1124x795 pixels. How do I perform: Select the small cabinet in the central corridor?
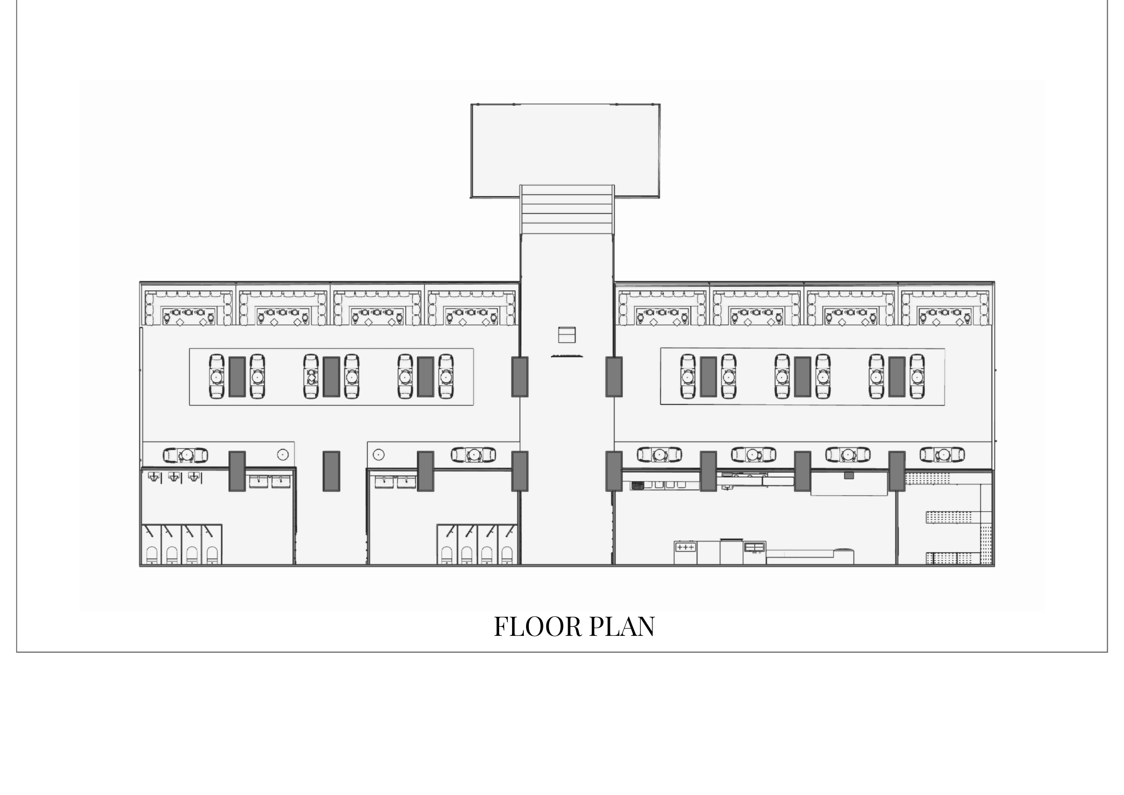click(566, 335)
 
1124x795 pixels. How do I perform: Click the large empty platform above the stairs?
click(565, 144)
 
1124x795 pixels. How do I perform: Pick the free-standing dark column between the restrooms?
click(331, 470)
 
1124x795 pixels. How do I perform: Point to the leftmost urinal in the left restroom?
click(154, 477)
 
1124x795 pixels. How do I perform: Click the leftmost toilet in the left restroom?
click(151, 554)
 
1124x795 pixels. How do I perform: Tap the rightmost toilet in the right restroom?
click(507, 554)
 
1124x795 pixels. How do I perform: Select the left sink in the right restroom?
click(384, 481)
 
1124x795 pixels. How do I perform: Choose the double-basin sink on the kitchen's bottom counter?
click(754, 547)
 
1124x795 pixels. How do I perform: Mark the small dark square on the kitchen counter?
click(849, 476)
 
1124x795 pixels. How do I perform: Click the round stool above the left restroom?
click(282, 454)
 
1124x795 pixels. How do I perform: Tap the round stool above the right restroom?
click(379, 454)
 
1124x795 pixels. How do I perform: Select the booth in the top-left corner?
click(188, 307)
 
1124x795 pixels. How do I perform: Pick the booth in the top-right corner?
click(945, 307)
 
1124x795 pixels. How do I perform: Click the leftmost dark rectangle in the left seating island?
click(237, 377)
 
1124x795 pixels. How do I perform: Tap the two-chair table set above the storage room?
click(942, 454)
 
